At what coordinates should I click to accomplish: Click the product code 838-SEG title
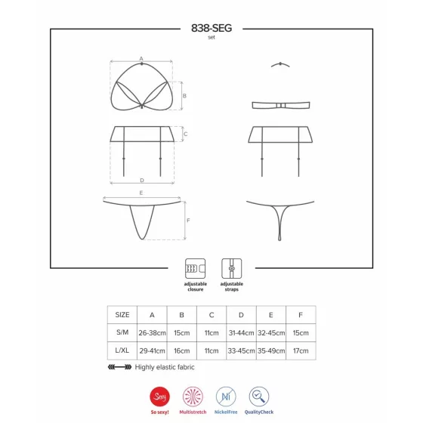pyautogui.click(x=211, y=28)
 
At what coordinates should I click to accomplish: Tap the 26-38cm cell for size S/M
pyautogui.click(x=152, y=333)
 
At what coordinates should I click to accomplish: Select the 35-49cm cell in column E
pyautogui.click(x=271, y=351)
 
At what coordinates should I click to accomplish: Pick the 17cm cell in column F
pyautogui.click(x=301, y=351)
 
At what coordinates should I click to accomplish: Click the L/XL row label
pyautogui.click(x=122, y=350)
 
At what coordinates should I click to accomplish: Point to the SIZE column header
pyautogui.click(x=122, y=315)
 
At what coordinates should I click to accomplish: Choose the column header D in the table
pyautogui.click(x=241, y=315)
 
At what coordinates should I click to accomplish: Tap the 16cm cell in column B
pyautogui.click(x=181, y=351)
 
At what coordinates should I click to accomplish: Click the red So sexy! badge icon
pyautogui.click(x=159, y=397)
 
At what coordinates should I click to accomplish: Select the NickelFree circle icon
pyautogui.click(x=226, y=397)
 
